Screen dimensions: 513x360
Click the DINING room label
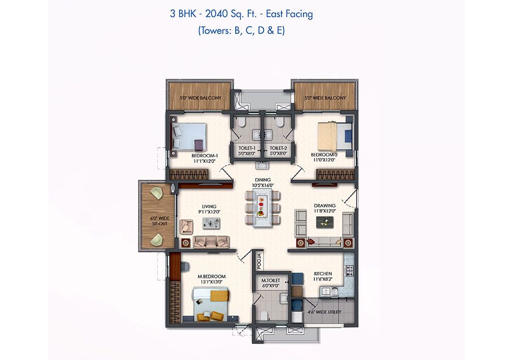(263, 180)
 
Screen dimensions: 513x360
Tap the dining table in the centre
(263, 209)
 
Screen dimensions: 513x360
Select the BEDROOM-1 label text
(205, 156)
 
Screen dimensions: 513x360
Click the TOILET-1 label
(247, 148)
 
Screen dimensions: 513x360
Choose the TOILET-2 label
(278, 148)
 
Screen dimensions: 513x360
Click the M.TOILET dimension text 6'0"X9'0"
(271, 285)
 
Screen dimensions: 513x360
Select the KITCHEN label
(323, 273)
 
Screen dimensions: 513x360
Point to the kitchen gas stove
(350, 270)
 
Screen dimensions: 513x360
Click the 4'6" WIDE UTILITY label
(324, 312)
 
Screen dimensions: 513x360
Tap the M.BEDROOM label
(212, 276)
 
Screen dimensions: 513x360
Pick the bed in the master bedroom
(210, 304)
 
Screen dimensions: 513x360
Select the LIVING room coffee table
(211, 224)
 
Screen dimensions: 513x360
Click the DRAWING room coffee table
(325, 222)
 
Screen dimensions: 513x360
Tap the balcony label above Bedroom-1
(201, 98)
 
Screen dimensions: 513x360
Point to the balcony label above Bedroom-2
(325, 98)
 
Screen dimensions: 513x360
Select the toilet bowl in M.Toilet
(264, 316)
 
